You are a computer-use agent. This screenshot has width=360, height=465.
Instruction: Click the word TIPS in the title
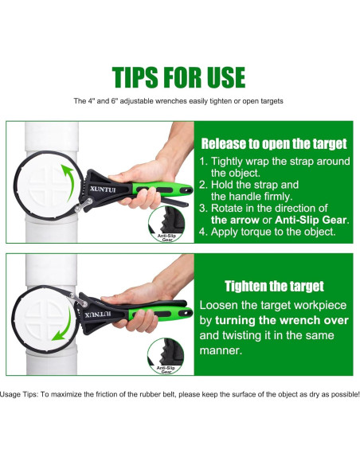(135, 77)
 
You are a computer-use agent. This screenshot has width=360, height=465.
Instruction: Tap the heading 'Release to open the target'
(274, 144)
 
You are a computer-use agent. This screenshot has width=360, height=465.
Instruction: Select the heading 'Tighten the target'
(274, 286)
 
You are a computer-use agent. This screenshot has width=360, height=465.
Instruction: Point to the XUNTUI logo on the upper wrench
(103, 190)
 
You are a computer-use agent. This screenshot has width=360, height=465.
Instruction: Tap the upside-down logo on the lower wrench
(98, 314)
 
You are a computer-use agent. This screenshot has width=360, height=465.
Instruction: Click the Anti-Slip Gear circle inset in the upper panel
(166, 225)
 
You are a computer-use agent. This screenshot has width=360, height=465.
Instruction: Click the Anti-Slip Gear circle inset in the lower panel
(166, 356)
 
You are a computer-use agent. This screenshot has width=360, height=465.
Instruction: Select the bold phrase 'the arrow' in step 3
(235, 220)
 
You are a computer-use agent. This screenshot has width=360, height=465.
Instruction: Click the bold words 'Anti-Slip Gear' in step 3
(311, 220)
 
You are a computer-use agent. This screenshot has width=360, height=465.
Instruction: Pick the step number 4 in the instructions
(202, 232)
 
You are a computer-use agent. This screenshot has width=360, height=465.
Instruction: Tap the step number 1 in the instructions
(202, 162)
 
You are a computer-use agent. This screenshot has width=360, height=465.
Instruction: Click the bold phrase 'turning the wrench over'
(282, 321)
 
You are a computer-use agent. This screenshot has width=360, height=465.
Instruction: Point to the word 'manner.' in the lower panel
(221, 351)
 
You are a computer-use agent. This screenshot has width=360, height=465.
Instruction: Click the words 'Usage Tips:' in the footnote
(19, 394)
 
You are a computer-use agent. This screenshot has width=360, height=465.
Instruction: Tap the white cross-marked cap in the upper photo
(47, 186)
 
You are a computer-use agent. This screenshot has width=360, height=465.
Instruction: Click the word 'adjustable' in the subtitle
(137, 101)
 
